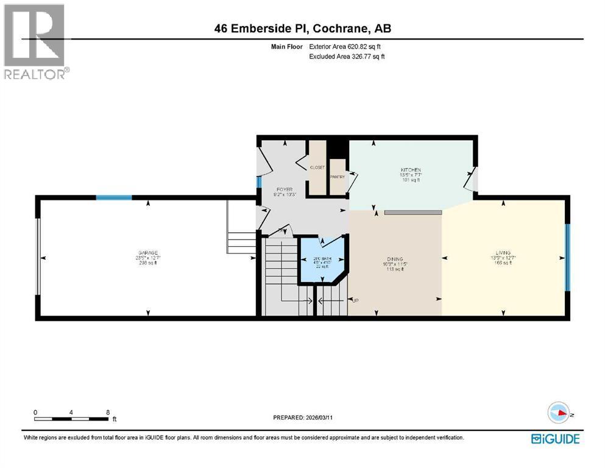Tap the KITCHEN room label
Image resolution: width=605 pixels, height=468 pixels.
point(411,170)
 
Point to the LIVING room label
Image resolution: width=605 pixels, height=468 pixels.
point(503,252)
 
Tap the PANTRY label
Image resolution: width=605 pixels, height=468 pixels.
point(337,177)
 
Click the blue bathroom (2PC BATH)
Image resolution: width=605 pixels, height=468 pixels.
point(320,262)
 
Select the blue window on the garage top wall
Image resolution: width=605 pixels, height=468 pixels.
point(114,197)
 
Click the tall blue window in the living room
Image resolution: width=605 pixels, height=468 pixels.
point(567,257)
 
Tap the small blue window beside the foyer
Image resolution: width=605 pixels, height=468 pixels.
point(258,182)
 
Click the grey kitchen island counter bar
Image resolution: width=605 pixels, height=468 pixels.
point(412,212)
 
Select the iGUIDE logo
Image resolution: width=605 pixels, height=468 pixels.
point(555,438)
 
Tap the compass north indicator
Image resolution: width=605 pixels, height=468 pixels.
point(562,413)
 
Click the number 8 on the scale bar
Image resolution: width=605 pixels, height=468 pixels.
point(107,412)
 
